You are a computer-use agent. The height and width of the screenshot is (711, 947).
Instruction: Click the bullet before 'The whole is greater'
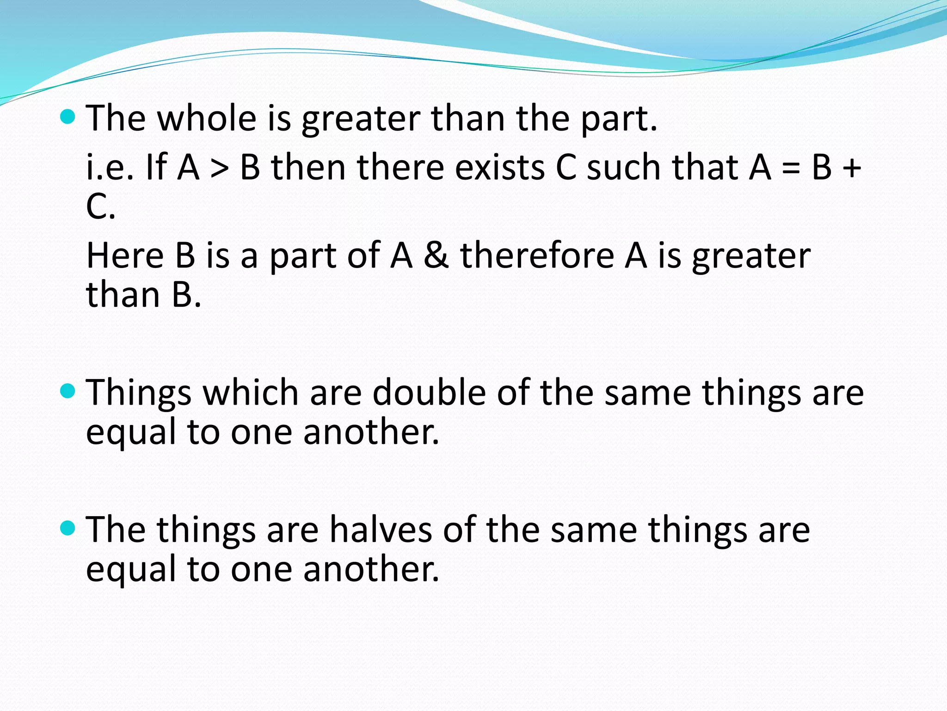(x=68, y=117)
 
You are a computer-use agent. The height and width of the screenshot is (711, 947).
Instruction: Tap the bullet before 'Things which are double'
(x=68, y=391)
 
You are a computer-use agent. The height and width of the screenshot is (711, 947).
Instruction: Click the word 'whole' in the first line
(x=207, y=118)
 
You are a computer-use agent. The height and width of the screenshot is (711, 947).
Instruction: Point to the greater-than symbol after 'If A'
(x=220, y=168)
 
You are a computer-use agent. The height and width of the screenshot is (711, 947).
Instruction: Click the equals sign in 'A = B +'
(x=791, y=168)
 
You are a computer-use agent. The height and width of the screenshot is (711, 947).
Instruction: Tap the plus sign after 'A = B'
(x=851, y=168)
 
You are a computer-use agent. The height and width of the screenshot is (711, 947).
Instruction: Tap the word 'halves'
(x=381, y=530)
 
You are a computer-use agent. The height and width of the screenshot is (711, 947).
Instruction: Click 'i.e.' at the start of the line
(x=110, y=167)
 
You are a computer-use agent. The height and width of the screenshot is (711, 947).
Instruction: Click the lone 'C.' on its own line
(x=100, y=206)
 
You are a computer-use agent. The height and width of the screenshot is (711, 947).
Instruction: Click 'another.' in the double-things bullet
(x=371, y=432)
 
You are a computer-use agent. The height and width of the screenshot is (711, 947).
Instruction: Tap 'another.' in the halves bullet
(x=371, y=569)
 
